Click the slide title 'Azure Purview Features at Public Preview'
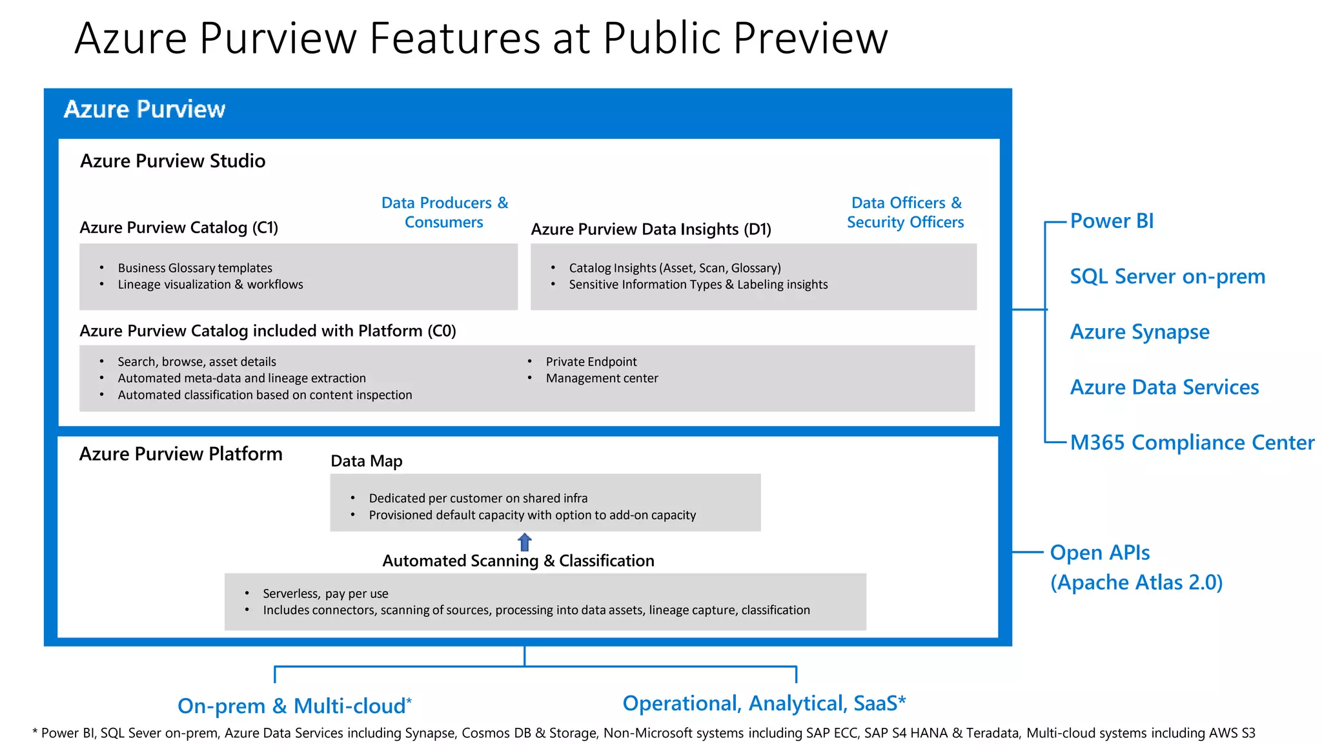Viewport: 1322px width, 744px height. [x=481, y=38]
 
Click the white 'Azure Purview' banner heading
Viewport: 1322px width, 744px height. [x=145, y=109]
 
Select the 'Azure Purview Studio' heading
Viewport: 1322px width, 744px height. [x=172, y=161]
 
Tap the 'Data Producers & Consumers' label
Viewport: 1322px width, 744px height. [x=444, y=212]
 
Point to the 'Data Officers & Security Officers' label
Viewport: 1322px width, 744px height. [x=905, y=212]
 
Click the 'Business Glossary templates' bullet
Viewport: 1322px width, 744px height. [x=194, y=268]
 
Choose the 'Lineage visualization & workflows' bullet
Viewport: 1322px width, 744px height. [x=210, y=285]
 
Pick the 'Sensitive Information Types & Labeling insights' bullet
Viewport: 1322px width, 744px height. [x=698, y=285]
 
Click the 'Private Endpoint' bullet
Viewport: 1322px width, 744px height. [x=591, y=362]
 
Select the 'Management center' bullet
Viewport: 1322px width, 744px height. [x=602, y=378]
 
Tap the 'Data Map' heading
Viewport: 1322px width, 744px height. [x=366, y=461]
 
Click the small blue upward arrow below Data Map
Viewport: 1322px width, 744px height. [x=525, y=542]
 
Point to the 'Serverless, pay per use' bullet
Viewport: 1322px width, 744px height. [x=325, y=594]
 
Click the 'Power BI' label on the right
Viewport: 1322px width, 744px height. [x=1112, y=221]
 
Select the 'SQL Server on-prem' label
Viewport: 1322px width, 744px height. [x=1167, y=276]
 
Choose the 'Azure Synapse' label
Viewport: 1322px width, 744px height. [x=1139, y=332]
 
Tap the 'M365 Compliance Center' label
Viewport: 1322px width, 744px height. [x=1192, y=442]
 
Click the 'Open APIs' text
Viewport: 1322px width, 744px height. [x=1099, y=553]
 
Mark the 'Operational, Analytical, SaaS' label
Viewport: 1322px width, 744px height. [x=764, y=703]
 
